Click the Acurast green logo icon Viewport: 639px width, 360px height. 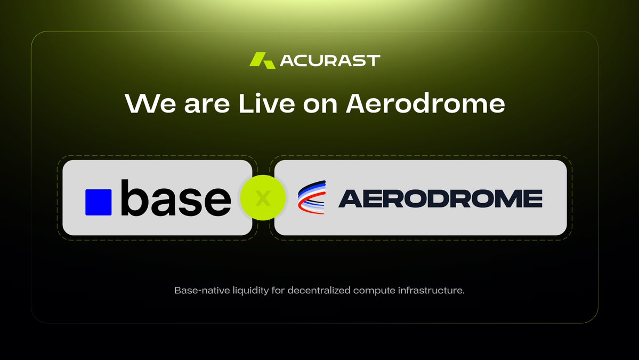[x=262, y=60]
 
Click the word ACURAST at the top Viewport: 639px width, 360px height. [x=330, y=60]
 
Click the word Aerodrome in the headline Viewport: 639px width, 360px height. [x=425, y=103]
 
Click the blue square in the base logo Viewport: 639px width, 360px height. [x=99, y=202]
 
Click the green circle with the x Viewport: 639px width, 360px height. [x=263, y=198]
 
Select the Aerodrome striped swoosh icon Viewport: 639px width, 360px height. [x=312, y=198]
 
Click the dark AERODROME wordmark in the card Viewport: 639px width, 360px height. [x=440, y=198]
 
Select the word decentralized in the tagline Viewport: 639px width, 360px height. [x=302, y=291]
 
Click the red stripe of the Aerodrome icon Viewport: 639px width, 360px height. [x=312, y=208]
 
